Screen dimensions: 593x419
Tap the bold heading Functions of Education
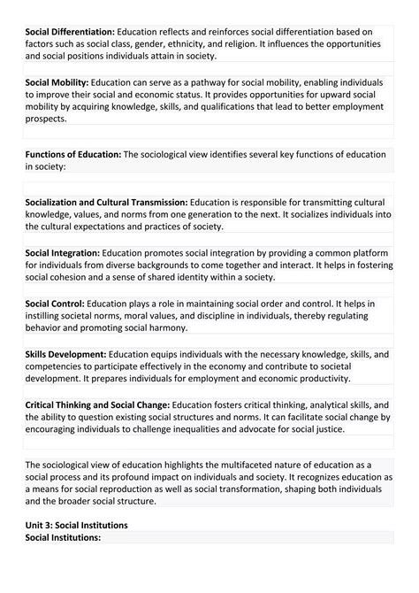click(73, 154)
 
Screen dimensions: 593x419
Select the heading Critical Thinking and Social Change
click(98, 405)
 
